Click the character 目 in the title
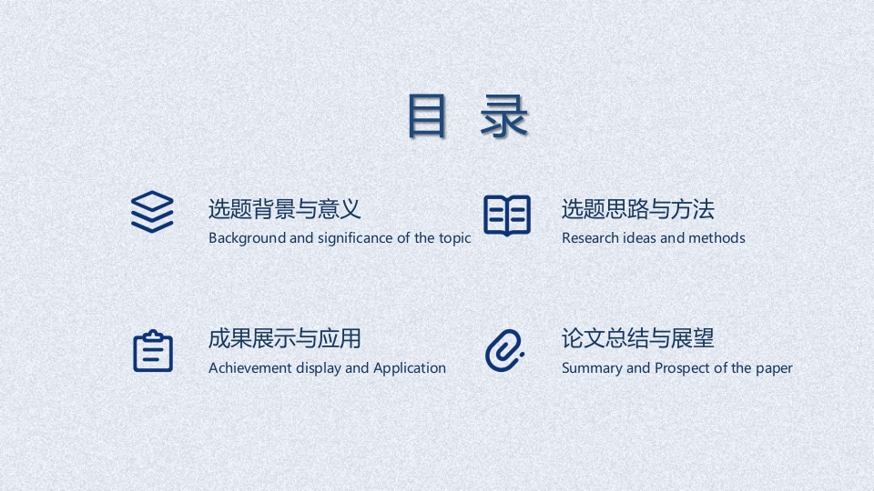pyautogui.click(x=427, y=115)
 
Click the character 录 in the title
pyautogui.click(x=503, y=115)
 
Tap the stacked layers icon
pyautogui.click(x=152, y=212)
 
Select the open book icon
pyautogui.click(x=507, y=215)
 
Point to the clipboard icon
pyautogui.click(x=153, y=351)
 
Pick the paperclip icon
pyautogui.click(x=504, y=350)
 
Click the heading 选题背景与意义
pyautogui.click(x=285, y=209)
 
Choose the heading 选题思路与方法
pyautogui.click(x=637, y=209)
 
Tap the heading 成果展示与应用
pyautogui.click(x=285, y=338)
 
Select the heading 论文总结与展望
pyautogui.click(x=637, y=338)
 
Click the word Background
pyautogui.click(x=247, y=238)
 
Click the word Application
pyautogui.click(x=410, y=368)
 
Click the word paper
pyautogui.click(x=774, y=369)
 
